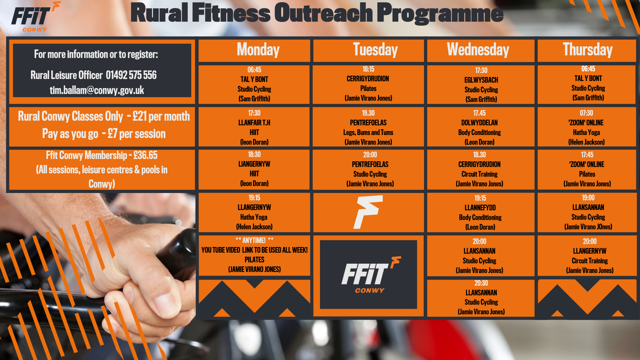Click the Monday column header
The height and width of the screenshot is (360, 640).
pyautogui.click(x=254, y=51)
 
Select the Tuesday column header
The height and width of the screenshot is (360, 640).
pyautogui.click(x=368, y=51)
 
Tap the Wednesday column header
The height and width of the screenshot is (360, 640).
pyautogui.click(x=481, y=51)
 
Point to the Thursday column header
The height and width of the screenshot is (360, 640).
pyautogui.click(x=587, y=51)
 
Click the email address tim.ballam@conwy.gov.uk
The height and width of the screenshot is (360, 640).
pyautogui.click(x=97, y=90)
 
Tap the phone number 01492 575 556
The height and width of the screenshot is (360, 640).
pyautogui.click(x=131, y=75)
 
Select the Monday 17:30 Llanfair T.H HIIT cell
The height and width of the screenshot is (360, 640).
pyautogui.click(x=254, y=127)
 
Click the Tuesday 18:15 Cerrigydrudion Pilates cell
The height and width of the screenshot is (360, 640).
pyautogui.click(x=368, y=84)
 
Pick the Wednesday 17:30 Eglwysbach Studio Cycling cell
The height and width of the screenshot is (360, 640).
pyautogui.click(x=481, y=84)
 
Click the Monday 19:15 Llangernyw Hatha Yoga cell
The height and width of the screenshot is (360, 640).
pyautogui.click(x=254, y=212)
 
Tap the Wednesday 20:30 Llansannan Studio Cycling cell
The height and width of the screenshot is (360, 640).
pyautogui.click(x=481, y=298)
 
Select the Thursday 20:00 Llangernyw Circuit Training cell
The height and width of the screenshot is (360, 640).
pyautogui.click(x=587, y=256)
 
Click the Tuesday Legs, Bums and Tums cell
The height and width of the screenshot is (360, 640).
pyautogui.click(x=368, y=127)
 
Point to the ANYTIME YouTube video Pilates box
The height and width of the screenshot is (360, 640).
pyautogui.click(x=254, y=255)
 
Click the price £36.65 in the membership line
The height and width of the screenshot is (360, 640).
pyautogui.click(x=145, y=155)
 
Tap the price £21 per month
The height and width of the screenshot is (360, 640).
pyautogui.click(x=161, y=116)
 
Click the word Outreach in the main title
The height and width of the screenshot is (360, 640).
pyautogui.click(x=323, y=13)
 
